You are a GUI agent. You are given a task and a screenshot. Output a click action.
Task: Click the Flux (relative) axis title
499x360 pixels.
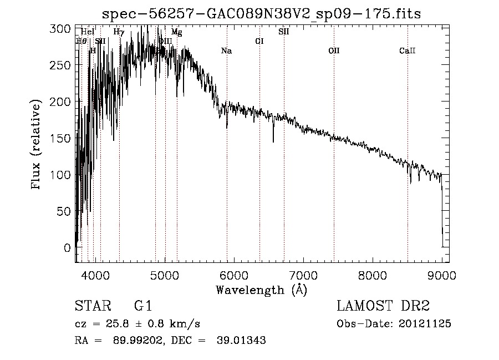click(x=37, y=145)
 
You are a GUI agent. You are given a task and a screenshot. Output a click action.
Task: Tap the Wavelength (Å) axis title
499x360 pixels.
click(x=261, y=290)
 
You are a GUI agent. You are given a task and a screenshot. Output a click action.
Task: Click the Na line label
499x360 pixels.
click(x=226, y=51)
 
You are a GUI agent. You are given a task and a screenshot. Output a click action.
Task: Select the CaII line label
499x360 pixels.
click(x=407, y=51)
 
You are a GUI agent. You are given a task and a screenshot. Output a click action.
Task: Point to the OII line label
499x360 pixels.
click(x=334, y=51)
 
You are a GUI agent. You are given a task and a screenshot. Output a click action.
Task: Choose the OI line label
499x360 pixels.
click(x=259, y=41)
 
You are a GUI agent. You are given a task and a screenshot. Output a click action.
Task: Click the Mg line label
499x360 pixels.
click(x=176, y=32)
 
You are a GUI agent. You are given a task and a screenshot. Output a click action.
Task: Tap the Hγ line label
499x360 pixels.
click(x=118, y=32)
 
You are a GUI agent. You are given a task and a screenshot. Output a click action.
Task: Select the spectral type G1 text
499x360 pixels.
click(x=142, y=306)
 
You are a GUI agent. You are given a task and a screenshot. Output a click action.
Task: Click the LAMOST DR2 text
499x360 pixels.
click(x=383, y=306)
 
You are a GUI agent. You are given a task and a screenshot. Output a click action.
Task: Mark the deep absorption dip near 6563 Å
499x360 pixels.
click(x=273, y=141)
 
